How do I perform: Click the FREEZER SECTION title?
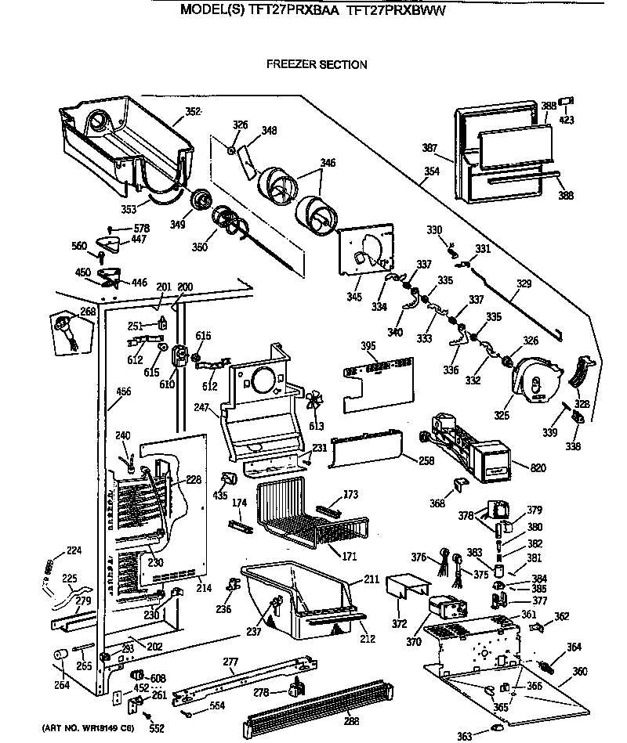click(x=317, y=65)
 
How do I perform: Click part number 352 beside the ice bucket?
click(x=193, y=112)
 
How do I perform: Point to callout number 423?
click(x=566, y=120)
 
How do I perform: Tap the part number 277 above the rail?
click(x=230, y=662)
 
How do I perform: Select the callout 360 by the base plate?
click(x=580, y=672)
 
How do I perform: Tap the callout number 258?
click(x=426, y=460)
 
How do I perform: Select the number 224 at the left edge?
click(x=73, y=550)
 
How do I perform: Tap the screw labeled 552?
click(x=158, y=727)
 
